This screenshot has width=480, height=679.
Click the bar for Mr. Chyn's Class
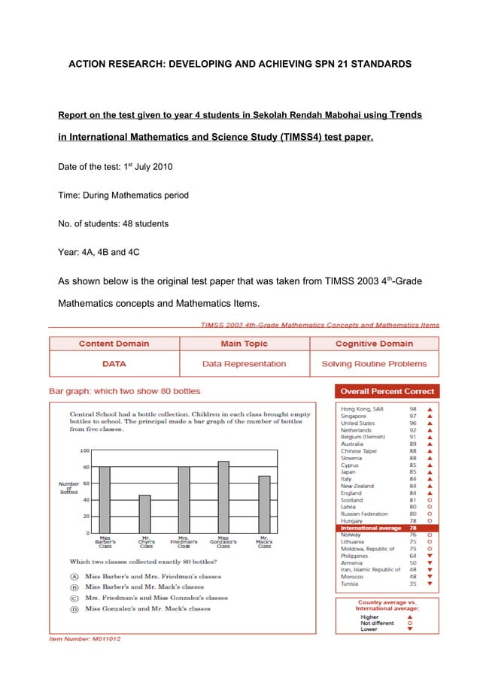pos(144,514)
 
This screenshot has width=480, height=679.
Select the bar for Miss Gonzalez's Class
pos(223,496)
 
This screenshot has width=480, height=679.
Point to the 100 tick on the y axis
pos(86,450)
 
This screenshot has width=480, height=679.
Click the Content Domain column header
pos(114,344)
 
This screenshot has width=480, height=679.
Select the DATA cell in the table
pos(114,364)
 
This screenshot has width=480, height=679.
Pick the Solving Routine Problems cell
pos(374,364)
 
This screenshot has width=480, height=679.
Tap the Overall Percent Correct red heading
pos(387,391)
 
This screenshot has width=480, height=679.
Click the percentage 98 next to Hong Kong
pos(413,408)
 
